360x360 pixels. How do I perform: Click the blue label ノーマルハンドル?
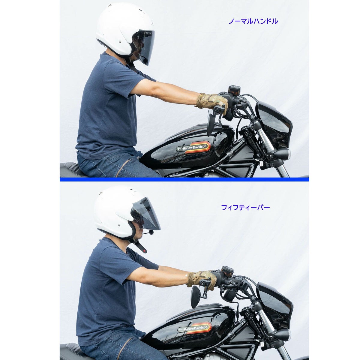[253, 21]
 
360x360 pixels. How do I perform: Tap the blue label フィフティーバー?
[245, 208]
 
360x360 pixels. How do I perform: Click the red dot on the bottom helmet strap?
[144, 250]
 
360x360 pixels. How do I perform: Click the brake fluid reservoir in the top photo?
[235, 89]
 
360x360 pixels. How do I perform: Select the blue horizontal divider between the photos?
[184, 179]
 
